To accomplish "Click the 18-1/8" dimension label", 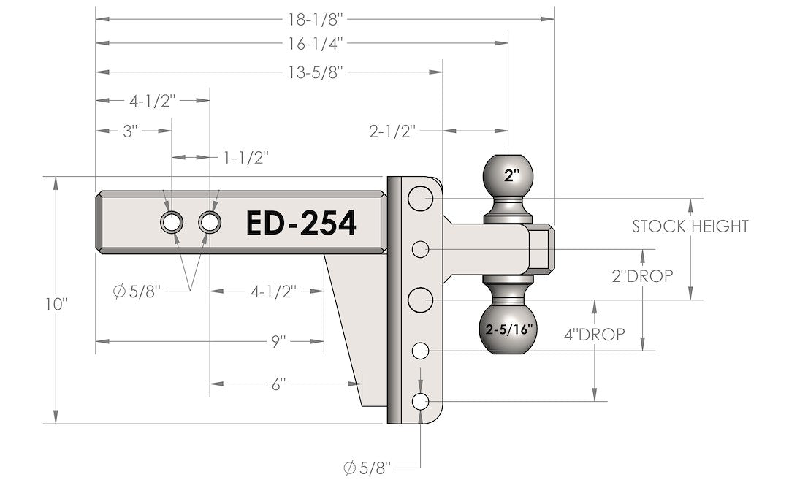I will coord(324,15).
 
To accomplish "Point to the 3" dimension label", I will coord(131,131).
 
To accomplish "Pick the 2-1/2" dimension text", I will coord(392,131).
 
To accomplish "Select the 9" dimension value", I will coord(278,340).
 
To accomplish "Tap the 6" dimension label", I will coord(278,384).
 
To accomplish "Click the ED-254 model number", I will coord(301,223).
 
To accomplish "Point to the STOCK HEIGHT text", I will coord(690,226).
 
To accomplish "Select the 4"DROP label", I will coord(594,335).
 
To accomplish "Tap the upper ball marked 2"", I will coord(509,175).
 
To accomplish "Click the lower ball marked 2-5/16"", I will coord(509,328).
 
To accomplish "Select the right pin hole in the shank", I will coord(210,221).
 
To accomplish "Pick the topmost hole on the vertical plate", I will coord(420,198).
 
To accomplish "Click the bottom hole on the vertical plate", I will coord(420,401).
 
